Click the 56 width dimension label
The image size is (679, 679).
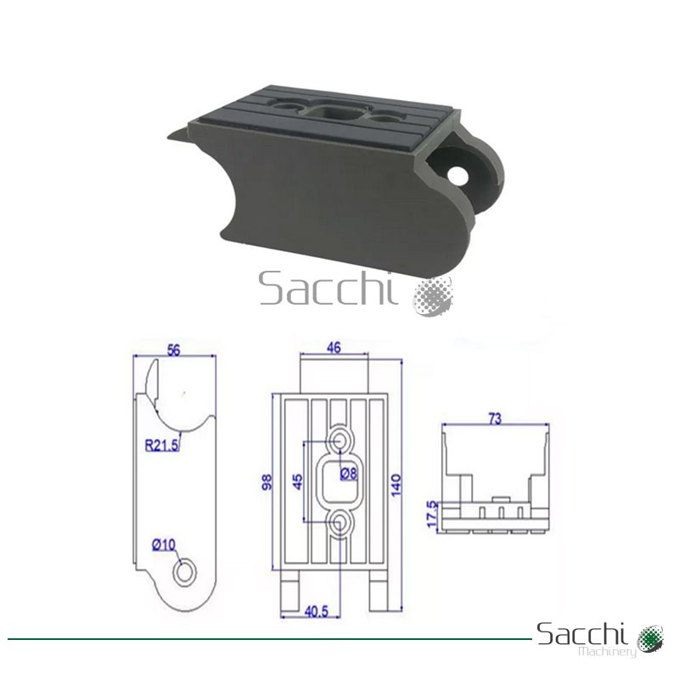pos(173,350)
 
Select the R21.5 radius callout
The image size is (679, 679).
pos(161,445)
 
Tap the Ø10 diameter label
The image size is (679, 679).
pos(164,544)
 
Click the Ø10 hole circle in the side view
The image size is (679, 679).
pos(185,572)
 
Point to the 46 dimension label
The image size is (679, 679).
pos(334,347)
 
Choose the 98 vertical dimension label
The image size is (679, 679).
pos(267,481)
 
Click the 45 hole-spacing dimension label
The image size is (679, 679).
pos(298,481)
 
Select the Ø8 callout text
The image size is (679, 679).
pos(349,474)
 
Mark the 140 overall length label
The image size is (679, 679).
pos(396,485)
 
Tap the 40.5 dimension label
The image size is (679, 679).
pos(316,611)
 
